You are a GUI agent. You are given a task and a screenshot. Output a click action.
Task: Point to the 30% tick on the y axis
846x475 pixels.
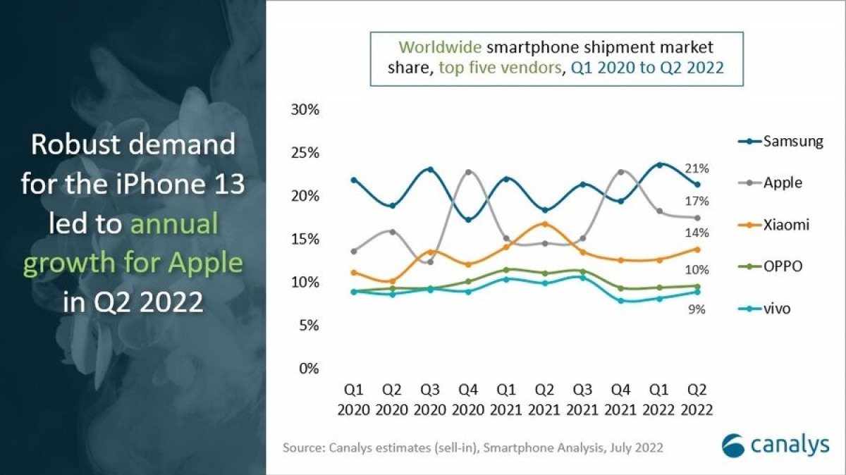305,110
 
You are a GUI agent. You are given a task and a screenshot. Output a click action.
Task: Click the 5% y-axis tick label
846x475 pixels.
309,326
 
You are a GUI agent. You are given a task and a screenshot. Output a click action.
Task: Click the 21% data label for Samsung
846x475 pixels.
697,168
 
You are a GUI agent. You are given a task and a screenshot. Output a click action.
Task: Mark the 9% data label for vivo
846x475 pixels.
697,309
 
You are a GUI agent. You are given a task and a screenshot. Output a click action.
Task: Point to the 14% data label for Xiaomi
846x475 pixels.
697,233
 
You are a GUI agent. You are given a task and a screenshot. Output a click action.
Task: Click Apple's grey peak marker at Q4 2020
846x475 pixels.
468,172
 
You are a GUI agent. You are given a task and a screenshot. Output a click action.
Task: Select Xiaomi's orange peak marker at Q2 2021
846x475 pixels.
544,224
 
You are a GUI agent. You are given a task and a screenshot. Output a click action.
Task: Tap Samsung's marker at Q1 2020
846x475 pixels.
354,180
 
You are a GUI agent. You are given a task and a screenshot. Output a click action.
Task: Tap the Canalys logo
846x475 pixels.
768,445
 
